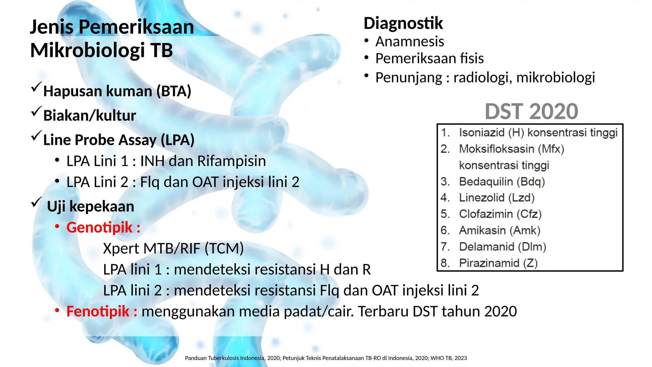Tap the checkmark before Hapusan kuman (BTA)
point(37,87)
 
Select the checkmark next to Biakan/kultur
point(37,112)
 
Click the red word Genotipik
point(99,227)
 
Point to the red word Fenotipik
point(98,311)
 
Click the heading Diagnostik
point(403,23)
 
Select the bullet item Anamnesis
point(409,41)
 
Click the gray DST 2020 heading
point(531,112)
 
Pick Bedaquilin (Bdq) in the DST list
point(502,182)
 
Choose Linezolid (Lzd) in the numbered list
point(497,198)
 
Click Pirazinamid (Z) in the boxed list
point(498,263)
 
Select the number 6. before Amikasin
point(445,230)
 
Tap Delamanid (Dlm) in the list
point(502,247)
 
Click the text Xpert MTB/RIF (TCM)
point(173,248)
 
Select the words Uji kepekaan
point(90,206)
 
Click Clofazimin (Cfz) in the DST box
point(500,214)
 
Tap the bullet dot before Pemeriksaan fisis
point(366,58)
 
